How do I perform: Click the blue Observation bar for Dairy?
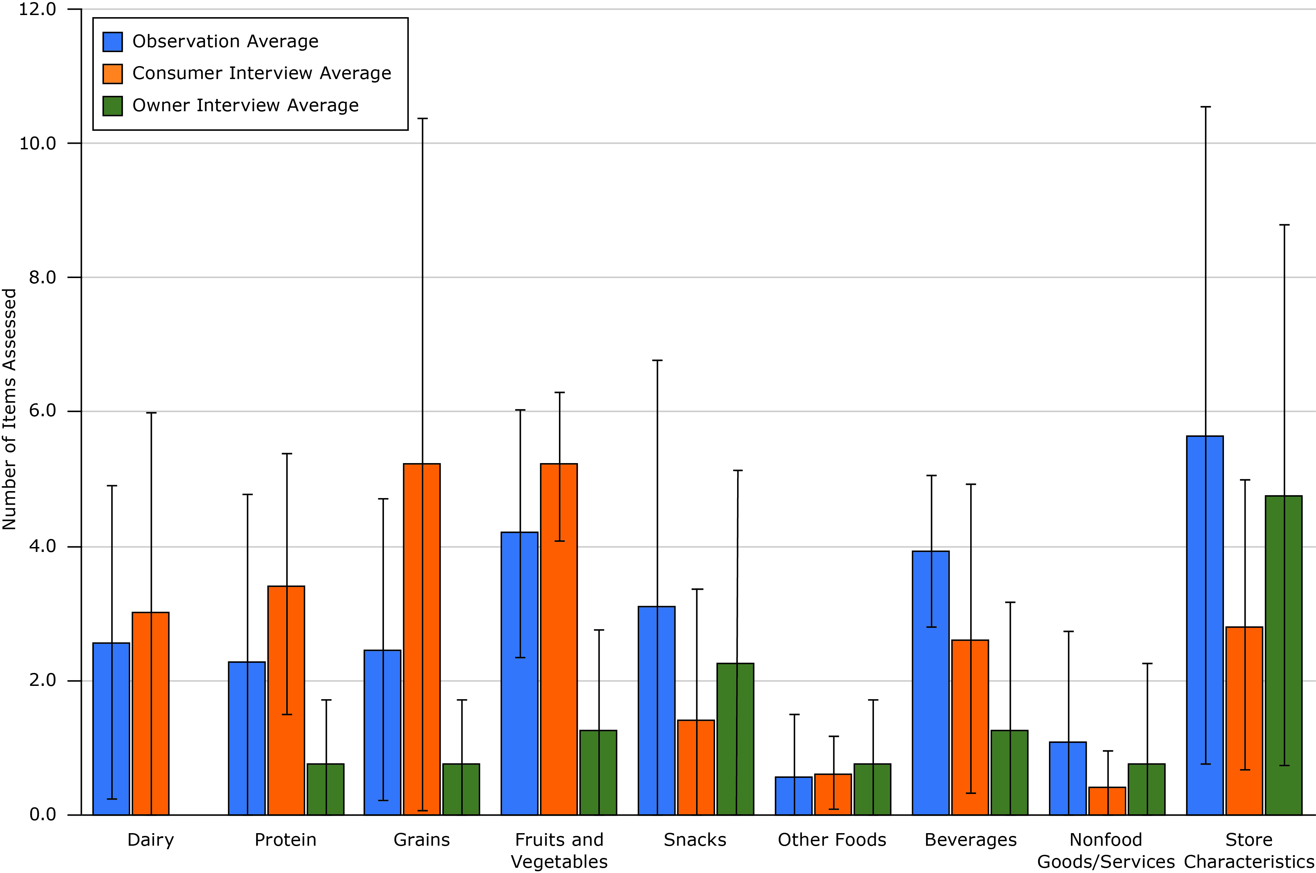point(111,729)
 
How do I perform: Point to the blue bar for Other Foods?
point(793,796)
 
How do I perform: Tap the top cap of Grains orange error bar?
point(422,119)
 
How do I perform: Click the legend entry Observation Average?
point(225,42)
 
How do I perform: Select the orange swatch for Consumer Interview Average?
point(113,73)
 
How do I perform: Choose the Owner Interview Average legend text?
point(245,106)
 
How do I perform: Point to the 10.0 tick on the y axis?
point(38,144)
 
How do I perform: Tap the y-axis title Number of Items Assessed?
point(9,409)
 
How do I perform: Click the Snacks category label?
point(695,839)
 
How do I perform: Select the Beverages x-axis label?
point(971,839)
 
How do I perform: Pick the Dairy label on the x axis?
point(150,839)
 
